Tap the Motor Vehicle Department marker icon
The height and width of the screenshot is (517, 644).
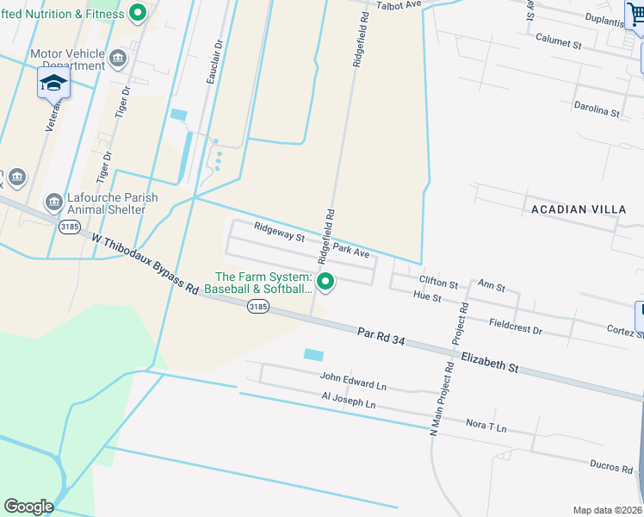tap(118, 59)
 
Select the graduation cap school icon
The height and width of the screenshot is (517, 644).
tap(53, 84)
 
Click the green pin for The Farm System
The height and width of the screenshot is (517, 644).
tap(325, 282)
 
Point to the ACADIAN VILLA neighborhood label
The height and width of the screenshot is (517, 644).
tap(573, 209)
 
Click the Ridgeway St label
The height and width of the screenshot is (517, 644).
tap(279, 231)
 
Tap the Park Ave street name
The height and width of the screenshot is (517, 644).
tap(351, 251)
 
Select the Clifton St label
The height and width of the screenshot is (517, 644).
tap(438, 282)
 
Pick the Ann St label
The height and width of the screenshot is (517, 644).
tap(491, 285)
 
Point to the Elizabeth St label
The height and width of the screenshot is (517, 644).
tap(489, 362)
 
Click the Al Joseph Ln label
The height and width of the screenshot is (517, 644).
tap(349, 402)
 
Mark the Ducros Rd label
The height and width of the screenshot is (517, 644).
tap(611, 466)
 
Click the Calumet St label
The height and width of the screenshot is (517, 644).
tap(559, 40)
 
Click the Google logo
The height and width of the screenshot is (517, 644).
tap(28, 507)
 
